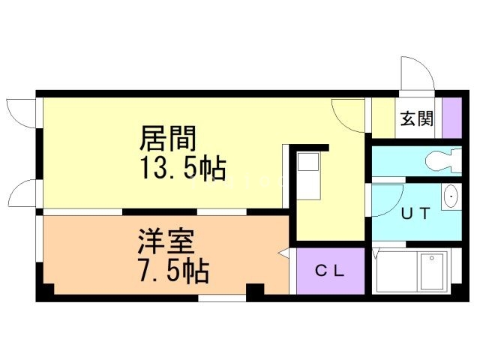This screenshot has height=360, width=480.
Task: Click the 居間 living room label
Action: [168, 138]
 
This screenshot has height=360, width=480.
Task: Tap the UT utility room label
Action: [415, 213]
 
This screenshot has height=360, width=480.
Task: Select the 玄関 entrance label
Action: [415, 118]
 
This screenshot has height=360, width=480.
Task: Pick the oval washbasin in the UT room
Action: [450, 196]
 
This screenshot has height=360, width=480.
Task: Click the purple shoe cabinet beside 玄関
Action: [451, 118]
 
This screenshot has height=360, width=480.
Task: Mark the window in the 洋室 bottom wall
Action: [223, 298]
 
